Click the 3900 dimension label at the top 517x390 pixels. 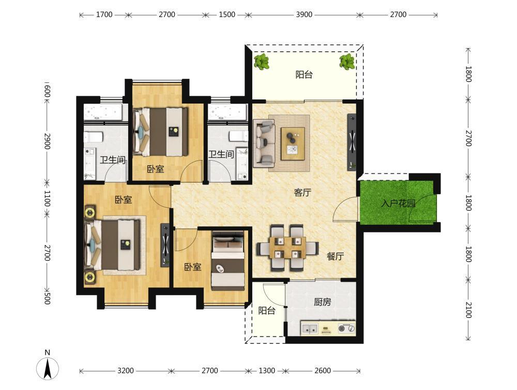[x=303, y=15]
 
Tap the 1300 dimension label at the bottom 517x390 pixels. [x=266, y=370]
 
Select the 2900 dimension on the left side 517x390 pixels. [x=47, y=141]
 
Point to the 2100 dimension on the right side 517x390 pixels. [x=468, y=310]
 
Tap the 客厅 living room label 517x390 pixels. [x=302, y=193]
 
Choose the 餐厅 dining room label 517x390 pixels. [x=336, y=256]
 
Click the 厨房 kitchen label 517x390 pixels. [x=322, y=302]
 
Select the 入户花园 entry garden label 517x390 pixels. [x=398, y=203]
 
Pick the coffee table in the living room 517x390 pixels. [x=293, y=144]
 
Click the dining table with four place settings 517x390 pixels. [x=287, y=248]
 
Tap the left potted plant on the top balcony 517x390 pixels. [x=262, y=62]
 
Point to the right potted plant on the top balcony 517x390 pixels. [x=347, y=62]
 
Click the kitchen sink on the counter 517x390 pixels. [x=309, y=329]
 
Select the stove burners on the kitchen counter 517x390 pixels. [x=346, y=328]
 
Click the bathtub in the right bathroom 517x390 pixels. [x=228, y=112]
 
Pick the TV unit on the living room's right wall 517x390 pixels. [x=352, y=142]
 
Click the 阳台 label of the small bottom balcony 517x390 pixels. [x=266, y=311]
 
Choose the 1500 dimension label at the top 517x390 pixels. [x=227, y=15]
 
